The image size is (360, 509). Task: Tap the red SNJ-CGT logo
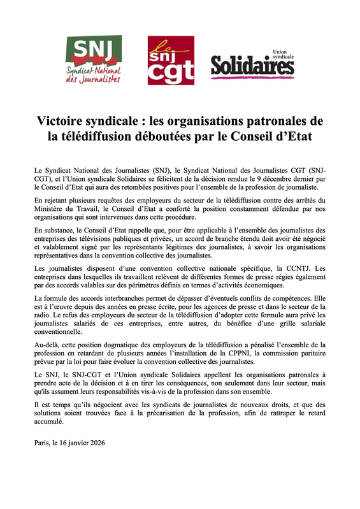[170, 61]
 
